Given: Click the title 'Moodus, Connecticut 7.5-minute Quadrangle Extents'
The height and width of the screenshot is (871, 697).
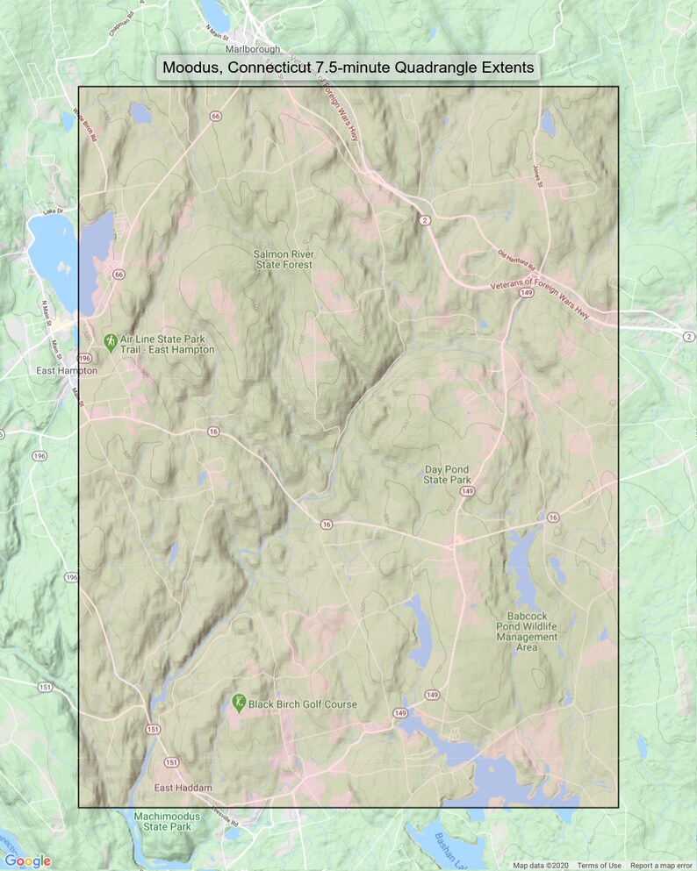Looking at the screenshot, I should click(x=348, y=68).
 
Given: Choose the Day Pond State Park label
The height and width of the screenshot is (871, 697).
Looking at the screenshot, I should click(x=448, y=475).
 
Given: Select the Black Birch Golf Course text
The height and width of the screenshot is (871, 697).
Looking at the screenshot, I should click(x=304, y=704).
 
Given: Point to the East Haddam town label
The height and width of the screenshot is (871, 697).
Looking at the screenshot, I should click(x=183, y=788).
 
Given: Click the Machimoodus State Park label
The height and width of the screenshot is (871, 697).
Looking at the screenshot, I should click(x=162, y=821).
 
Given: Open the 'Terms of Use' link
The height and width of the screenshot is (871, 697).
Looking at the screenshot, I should click(x=599, y=866).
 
